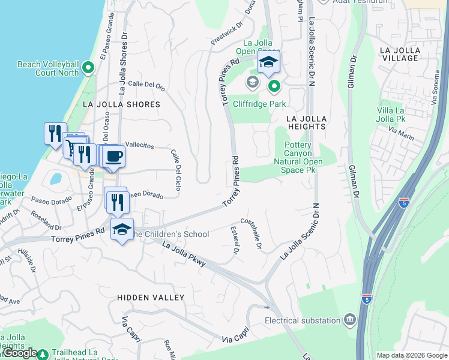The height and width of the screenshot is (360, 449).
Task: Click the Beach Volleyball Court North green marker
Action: click(x=89, y=67)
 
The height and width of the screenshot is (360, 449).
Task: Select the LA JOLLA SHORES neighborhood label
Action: click(x=121, y=104)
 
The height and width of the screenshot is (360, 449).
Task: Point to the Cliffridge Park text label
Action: click(x=260, y=104)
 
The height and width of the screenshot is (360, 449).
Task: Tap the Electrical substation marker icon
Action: click(x=349, y=320)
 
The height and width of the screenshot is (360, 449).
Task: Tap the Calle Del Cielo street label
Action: click(x=176, y=170)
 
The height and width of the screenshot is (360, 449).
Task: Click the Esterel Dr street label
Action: click(x=235, y=240)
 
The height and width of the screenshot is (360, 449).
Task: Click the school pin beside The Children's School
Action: click(x=122, y=230)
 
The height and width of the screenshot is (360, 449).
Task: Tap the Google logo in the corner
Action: click(x=21, y=353)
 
